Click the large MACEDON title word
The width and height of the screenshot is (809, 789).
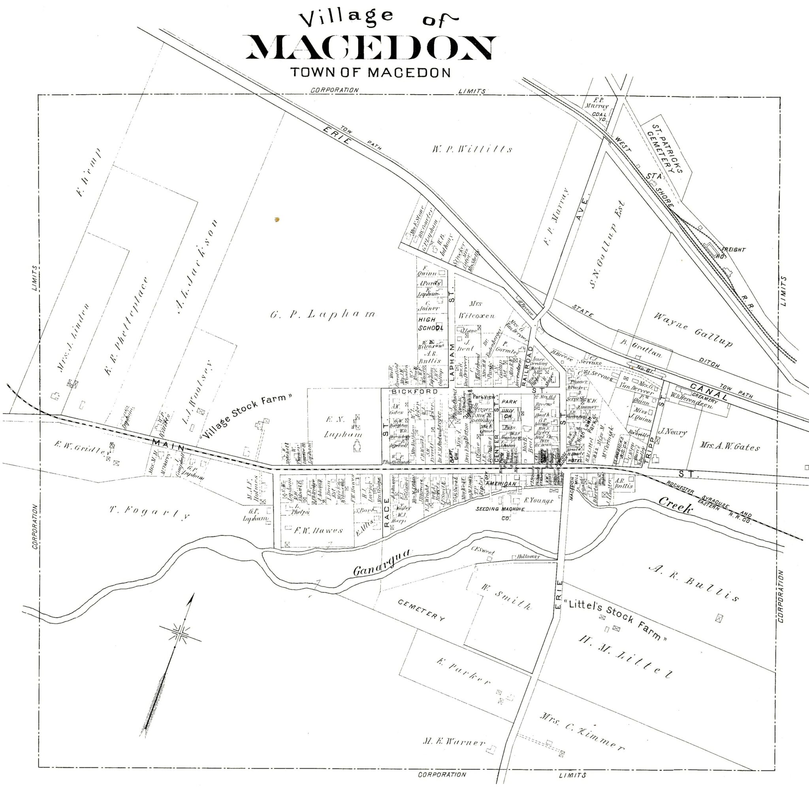[x=370, y=49]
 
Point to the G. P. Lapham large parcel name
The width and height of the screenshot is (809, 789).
[x=323, y=314]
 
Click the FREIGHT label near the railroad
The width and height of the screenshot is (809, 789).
[x=733, y=250]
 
